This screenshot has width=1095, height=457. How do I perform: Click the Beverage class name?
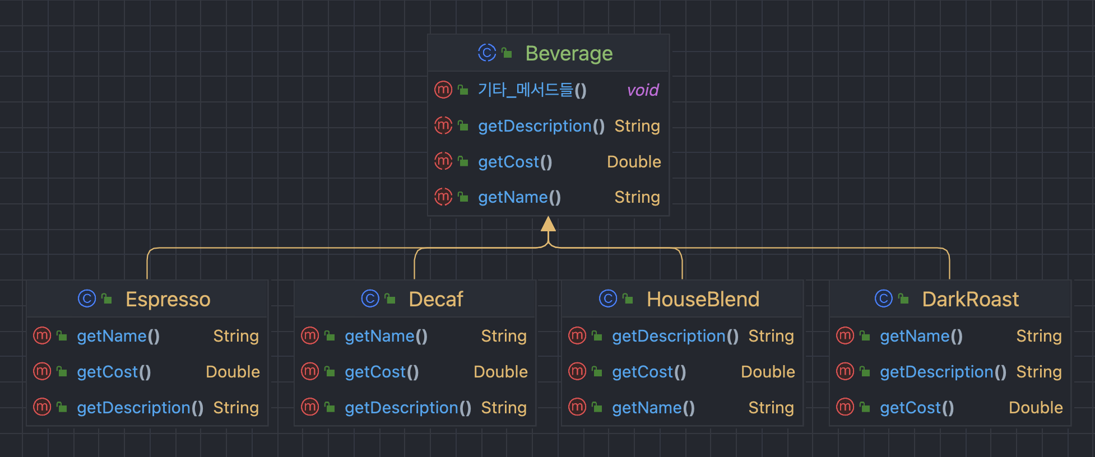pyautogui.click(x=568, y=54)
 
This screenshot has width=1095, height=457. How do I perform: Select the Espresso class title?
pyautogui.click(x=168, y=300)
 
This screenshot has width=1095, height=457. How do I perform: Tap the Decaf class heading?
pyautogui.click(x=435, y=300)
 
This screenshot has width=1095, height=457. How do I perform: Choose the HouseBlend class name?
pyautogui.click(x=703, y=300)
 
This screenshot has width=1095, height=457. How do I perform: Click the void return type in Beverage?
pyautogui.click(x=642, y=90)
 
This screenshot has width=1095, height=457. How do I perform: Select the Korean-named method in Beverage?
pyautogui.click(x=532, y=90)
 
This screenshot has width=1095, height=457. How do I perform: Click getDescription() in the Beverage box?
pyautogui.click(x=541, y=126)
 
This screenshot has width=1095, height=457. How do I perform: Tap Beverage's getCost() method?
pyautogui.click(x=515, y=162)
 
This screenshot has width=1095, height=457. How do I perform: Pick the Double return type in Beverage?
pyautogui.click(x=634, y=162)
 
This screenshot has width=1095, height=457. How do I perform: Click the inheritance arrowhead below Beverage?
pyautogui.click(x=548, y=225)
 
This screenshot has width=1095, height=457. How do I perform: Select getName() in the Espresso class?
pyautogui.click(x=118, y=336)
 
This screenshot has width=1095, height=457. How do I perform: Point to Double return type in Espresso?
pyautogui.click(x=233, y=372)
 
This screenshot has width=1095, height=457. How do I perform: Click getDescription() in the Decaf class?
pyautogui.click(x=407, y=408)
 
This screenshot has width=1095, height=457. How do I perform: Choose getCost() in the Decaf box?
pyautogui.click(x=382, y=372)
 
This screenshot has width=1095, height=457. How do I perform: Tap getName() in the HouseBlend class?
pyautogui.click(x=653, y=408)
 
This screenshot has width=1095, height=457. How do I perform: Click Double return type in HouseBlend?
pyautogui.click(x=768, y=372)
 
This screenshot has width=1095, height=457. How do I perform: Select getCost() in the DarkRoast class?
pyautogui.click(x=917, y=408)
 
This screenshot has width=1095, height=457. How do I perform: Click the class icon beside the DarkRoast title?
pyautogui.click(x=883, y=299)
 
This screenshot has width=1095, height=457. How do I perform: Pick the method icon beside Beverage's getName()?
pyautogui.click(x=443, y=197)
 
